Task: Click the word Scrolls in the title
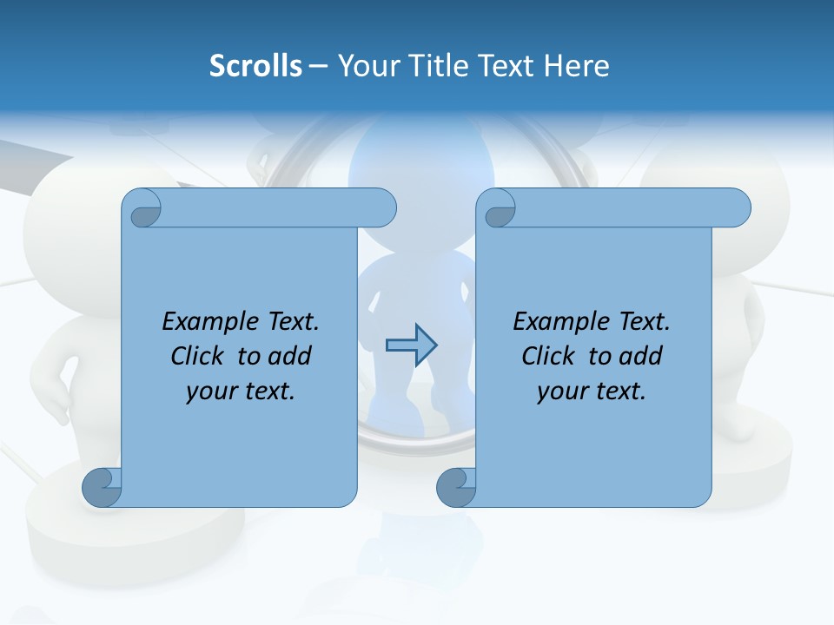256,66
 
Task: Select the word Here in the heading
577,66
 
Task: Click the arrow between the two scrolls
411,345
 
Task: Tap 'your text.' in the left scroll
241,391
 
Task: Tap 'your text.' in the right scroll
592,391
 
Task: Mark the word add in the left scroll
289,356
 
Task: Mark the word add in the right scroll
640,356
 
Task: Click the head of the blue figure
415,161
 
